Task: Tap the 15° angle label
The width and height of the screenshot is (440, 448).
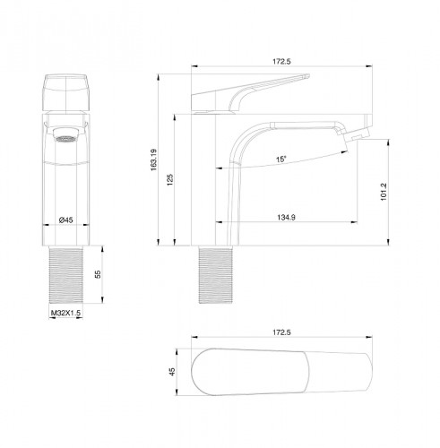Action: coord(280,160)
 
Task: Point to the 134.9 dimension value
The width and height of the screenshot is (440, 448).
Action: coord(286,215)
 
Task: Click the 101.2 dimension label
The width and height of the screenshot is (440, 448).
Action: coord(384,189)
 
